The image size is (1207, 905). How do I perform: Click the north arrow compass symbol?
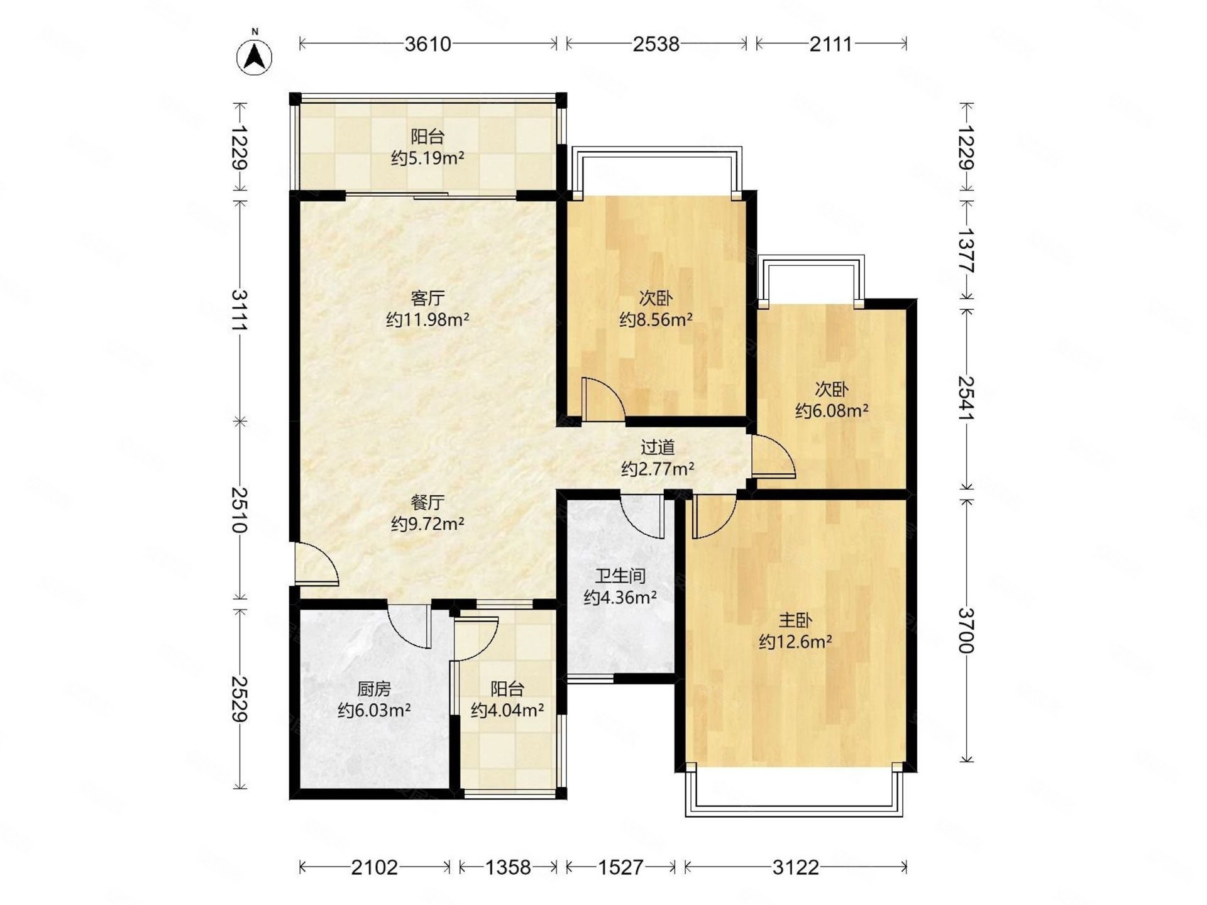(x=254, y=57)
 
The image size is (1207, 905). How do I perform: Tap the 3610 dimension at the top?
(x=428, y=44)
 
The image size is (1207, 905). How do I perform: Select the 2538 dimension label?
(x=656, y=44)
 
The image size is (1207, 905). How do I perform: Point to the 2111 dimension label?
(x=831, y=44)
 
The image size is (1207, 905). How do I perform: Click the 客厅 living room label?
(x=427, y=297)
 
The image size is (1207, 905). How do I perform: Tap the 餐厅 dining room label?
(x=427, y=502)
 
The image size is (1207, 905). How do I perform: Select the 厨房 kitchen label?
(x=374, y=689)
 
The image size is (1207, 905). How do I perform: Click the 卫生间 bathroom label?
(x=620, y=576)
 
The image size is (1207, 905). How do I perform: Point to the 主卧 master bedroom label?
(x=795, y=620)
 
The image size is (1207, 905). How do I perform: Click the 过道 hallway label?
(x=658, y=447)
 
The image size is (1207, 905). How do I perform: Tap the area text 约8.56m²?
(x=656, y=320)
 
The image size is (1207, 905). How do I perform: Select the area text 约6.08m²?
(x=832, y=411)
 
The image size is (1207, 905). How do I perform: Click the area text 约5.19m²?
(x=427, y=158)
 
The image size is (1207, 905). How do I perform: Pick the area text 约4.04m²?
(x=507, y=711)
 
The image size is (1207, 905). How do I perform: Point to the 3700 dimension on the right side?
(x=966, y=630)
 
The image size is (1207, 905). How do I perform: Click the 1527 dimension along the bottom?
(x=620, y=868)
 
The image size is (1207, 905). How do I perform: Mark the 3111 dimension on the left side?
(x=240, y=310)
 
